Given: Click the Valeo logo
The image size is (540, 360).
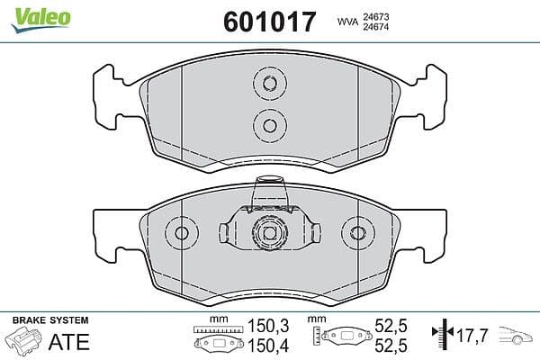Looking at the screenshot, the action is point(41,20).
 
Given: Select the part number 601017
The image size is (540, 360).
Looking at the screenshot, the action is point(270,22).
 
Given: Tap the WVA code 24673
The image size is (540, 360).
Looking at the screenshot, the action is point(375,17).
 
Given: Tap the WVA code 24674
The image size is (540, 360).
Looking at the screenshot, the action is point(375,26).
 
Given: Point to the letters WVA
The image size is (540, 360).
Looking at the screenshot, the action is point(347,22).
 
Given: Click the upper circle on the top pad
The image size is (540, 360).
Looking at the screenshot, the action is point(270,83).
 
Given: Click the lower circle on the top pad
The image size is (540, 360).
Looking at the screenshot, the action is point(270,125).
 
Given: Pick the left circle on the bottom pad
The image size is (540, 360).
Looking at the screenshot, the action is point(182,233).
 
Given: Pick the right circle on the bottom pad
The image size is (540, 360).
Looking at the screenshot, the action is point(358,233).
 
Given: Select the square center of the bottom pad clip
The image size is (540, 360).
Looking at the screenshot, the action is point(270,233).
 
